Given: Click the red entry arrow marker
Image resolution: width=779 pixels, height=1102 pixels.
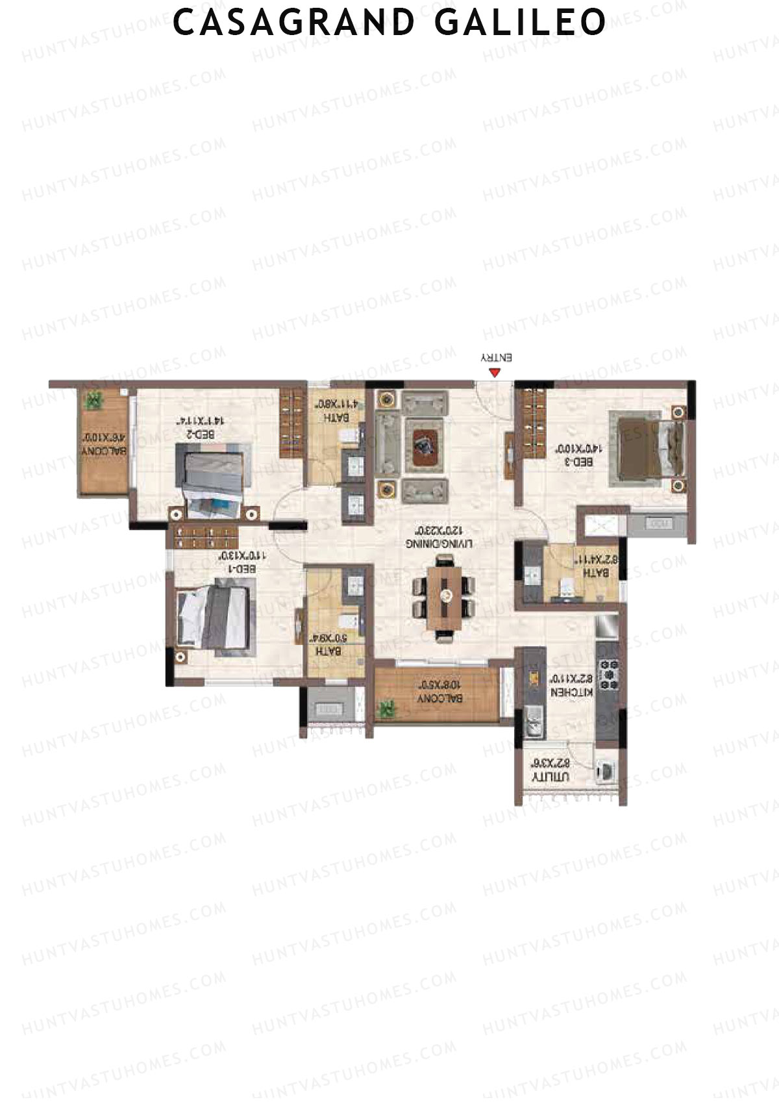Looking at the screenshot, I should (x=495, y=373).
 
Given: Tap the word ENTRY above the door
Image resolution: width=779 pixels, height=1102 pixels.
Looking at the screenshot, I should (x=496, y=358).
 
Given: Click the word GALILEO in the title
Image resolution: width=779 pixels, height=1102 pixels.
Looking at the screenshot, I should (x=519, y=23).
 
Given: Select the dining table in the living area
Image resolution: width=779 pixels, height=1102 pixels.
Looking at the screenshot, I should (x=445, y=595).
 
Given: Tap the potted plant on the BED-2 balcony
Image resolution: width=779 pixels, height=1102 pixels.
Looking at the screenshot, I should (x=95, y=400).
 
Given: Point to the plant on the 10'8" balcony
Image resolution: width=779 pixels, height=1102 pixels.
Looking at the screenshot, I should (x=388, y=708).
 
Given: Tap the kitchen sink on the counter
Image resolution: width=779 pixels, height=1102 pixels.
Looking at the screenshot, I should (x=534, y=724).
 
